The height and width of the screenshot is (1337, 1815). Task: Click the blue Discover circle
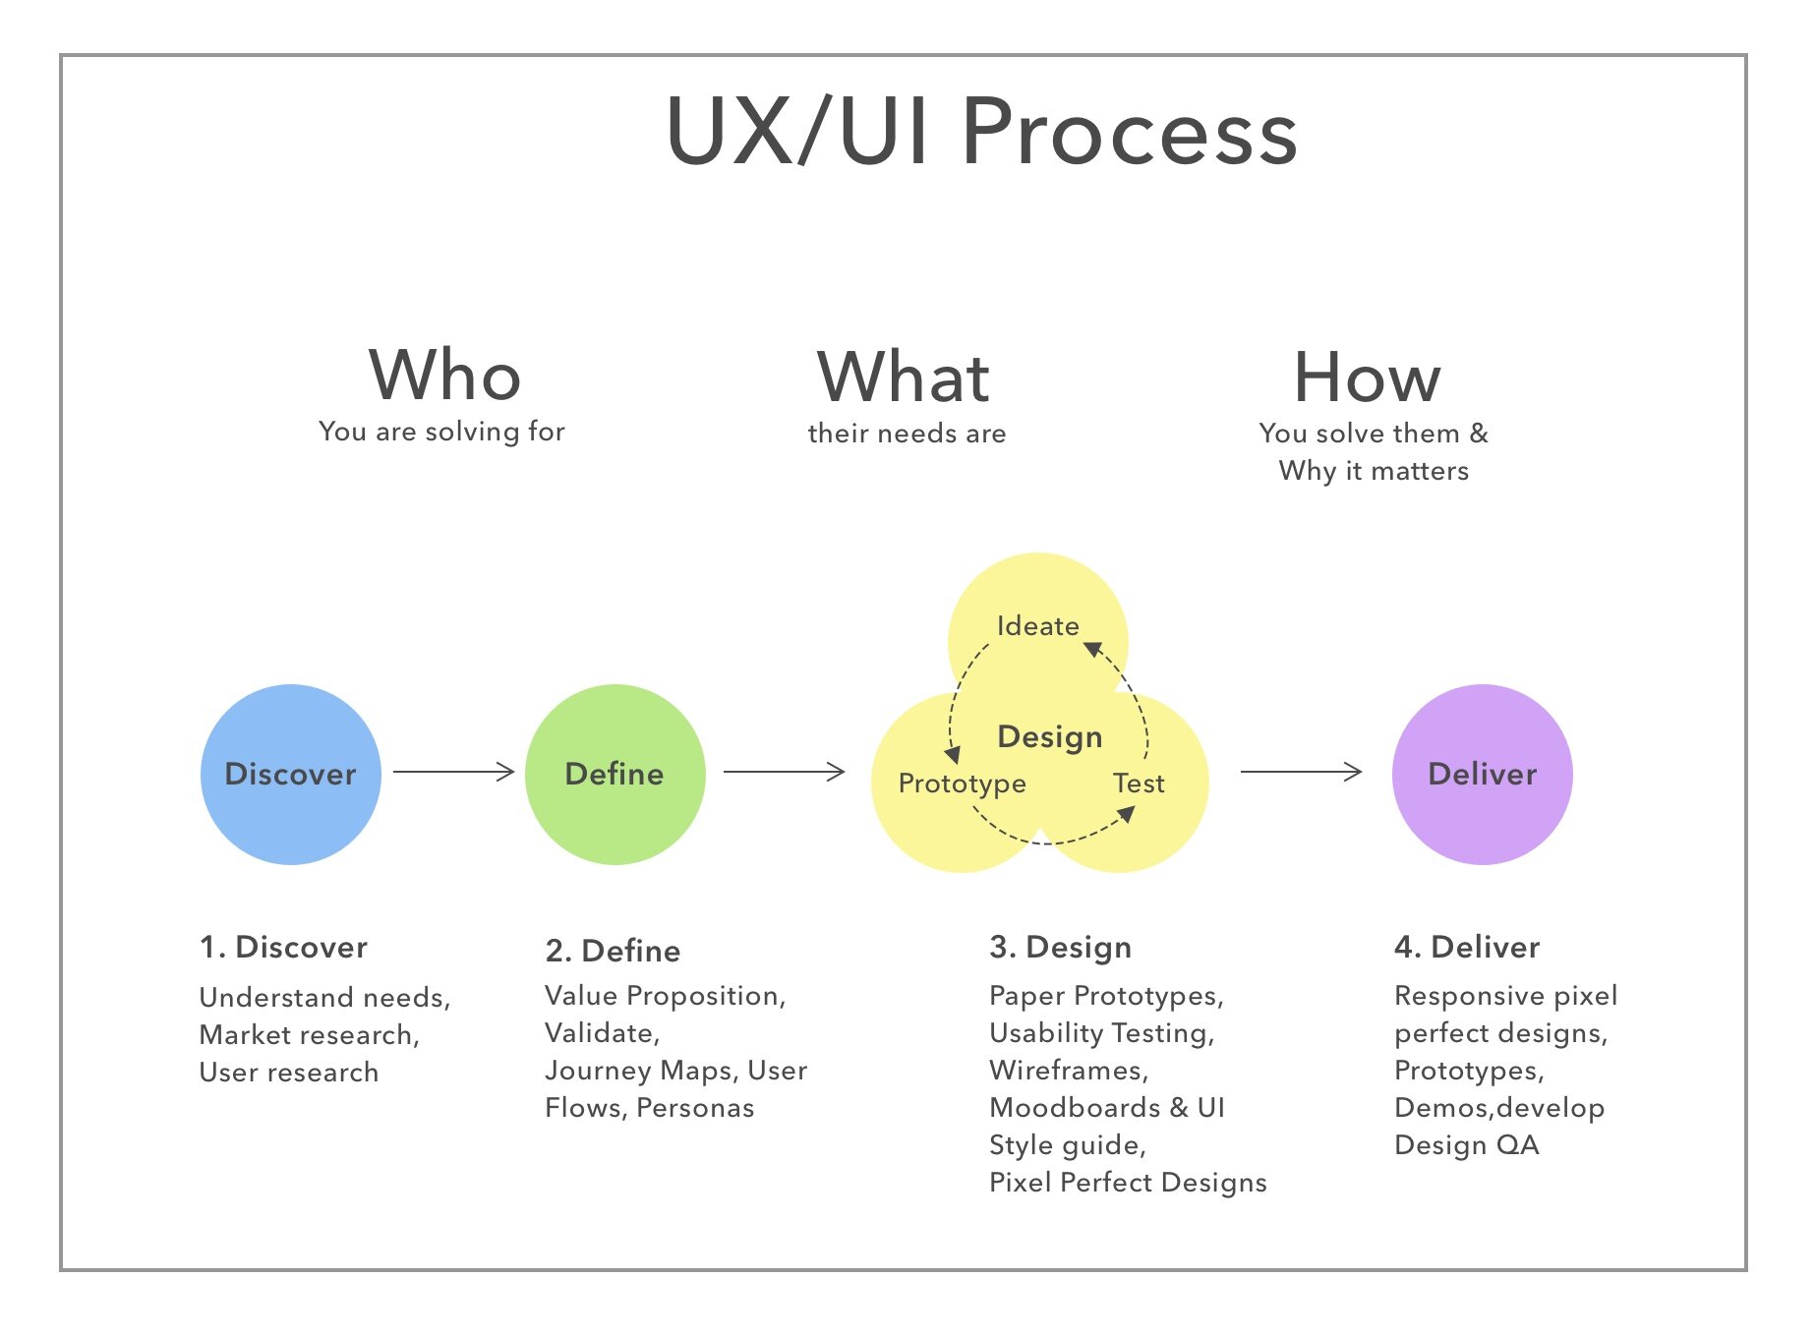[290, 775]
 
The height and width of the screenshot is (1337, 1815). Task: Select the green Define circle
[615, 775]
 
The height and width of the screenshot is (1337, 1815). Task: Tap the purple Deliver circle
[1482, 775]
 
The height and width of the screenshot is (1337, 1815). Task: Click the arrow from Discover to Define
[454, 772]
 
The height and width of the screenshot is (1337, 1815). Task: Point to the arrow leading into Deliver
[1301, 772]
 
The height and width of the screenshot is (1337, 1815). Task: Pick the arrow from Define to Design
[784, 772]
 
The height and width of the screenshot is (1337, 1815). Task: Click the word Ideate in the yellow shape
[1037, 626]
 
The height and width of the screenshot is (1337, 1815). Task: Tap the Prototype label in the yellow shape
[962, 784]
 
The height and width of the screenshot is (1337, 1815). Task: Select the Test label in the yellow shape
[1139, 784]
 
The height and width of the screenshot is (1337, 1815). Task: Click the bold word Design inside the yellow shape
[1049, 736]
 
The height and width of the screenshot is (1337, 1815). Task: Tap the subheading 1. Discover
[283, 947]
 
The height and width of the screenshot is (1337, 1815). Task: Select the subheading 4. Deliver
[1466, 947]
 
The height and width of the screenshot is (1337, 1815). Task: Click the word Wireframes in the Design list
[1068, 1071]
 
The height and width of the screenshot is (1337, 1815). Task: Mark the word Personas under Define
[695, 1108]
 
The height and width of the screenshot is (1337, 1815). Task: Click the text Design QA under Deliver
[1466, 1145]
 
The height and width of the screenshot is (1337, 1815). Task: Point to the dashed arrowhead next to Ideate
[1091, 649]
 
